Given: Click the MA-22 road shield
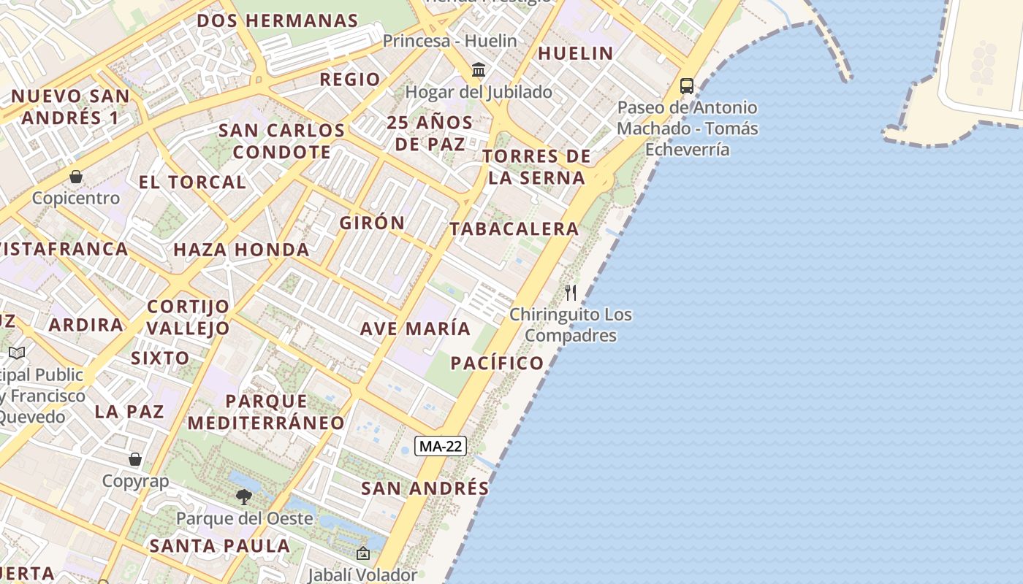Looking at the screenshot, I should [x=440, y=446].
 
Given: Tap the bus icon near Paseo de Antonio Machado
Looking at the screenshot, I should [x=687, y=85].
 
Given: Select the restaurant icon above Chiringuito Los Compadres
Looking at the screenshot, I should [x=571, y=293].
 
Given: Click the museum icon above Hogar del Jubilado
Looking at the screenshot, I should [x=479, y=70].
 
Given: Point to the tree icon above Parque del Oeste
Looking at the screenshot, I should [x=244, y=497].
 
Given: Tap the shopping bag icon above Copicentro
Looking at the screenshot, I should [x=76, y=177].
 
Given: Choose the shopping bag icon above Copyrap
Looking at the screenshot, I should [x=135, y=459].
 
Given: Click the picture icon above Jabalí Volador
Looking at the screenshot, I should [x=362, y=554].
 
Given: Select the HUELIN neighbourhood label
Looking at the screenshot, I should [x=575, y=53].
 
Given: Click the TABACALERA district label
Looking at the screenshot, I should [x=514, y=229].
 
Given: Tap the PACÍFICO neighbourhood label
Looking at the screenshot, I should [x=497, y=364].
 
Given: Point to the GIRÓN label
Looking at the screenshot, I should [x=372, y=223].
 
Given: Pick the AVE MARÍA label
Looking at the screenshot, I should [x=415, y=328].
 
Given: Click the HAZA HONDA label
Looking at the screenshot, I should [x=241, y=250].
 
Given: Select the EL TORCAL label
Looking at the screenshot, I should [x=192, y=182].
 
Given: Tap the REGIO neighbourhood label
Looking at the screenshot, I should [x=350, y=80].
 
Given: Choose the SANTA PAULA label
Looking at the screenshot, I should [x=220, y=545].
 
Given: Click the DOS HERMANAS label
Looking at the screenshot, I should [x=278, y=20].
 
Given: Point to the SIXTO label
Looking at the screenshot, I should [x=160, y=358].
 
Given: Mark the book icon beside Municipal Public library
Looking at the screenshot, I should [x=17, y=353].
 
